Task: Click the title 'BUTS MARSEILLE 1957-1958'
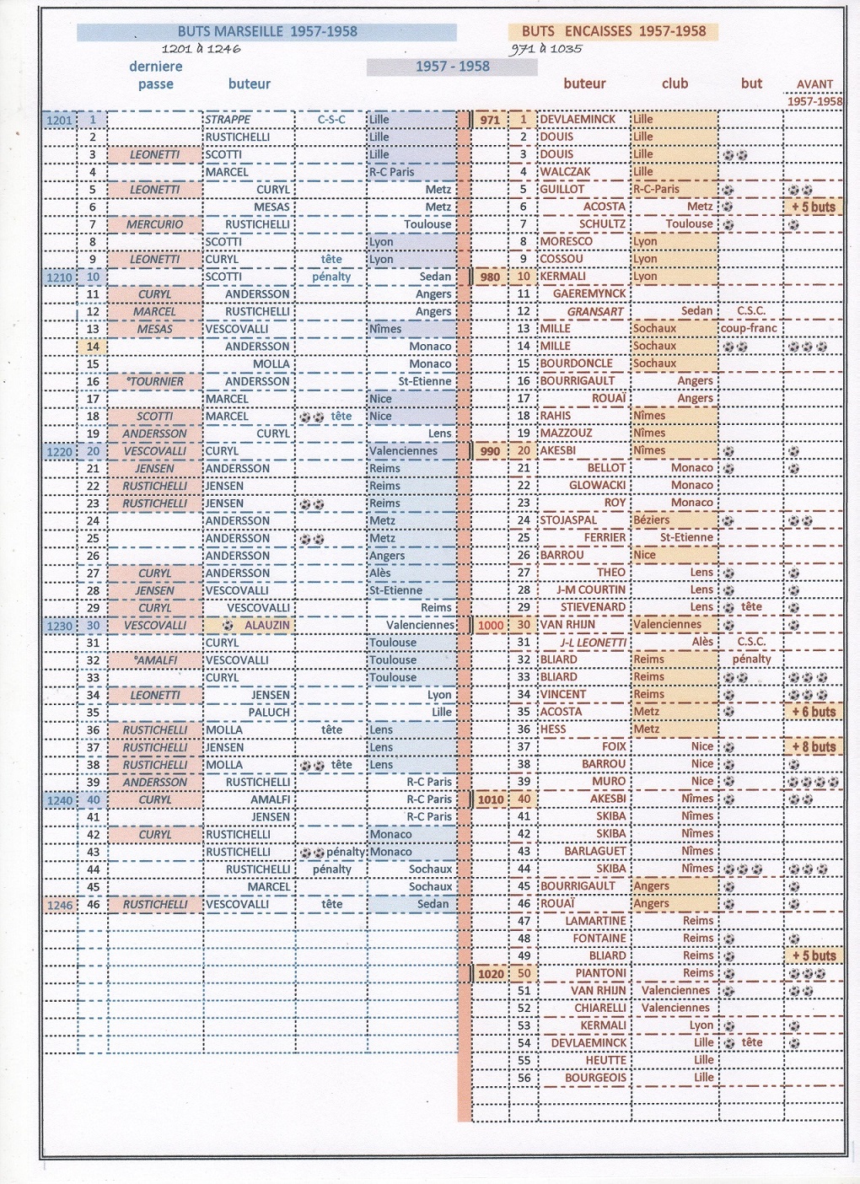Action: (x=267, y=32)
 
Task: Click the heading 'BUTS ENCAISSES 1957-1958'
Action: (x=613, y=31)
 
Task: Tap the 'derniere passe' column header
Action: (x=156, y=75)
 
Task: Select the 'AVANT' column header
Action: (x=814, y=84)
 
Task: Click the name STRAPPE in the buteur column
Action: (x=228, y=120)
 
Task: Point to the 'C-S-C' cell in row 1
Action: (x=331, y=120)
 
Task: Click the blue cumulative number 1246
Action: (x=60, y=905)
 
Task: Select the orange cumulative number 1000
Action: (x=490, y=626)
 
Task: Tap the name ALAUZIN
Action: (x=266, y=626)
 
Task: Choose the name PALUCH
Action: (x=269, y=713)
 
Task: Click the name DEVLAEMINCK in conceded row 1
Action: (x=578, y=120)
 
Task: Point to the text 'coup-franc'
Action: (x=749, y=328)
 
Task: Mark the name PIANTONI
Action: (x=601, y=973)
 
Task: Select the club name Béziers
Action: (x=652, y=520)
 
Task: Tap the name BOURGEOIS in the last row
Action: (x=596, y=1078)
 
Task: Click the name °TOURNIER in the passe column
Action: (x=156, y=381)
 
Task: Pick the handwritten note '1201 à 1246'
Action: (x=202, y=49)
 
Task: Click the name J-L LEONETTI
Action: (x=594, y=643)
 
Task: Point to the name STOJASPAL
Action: (x=568, y=520)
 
